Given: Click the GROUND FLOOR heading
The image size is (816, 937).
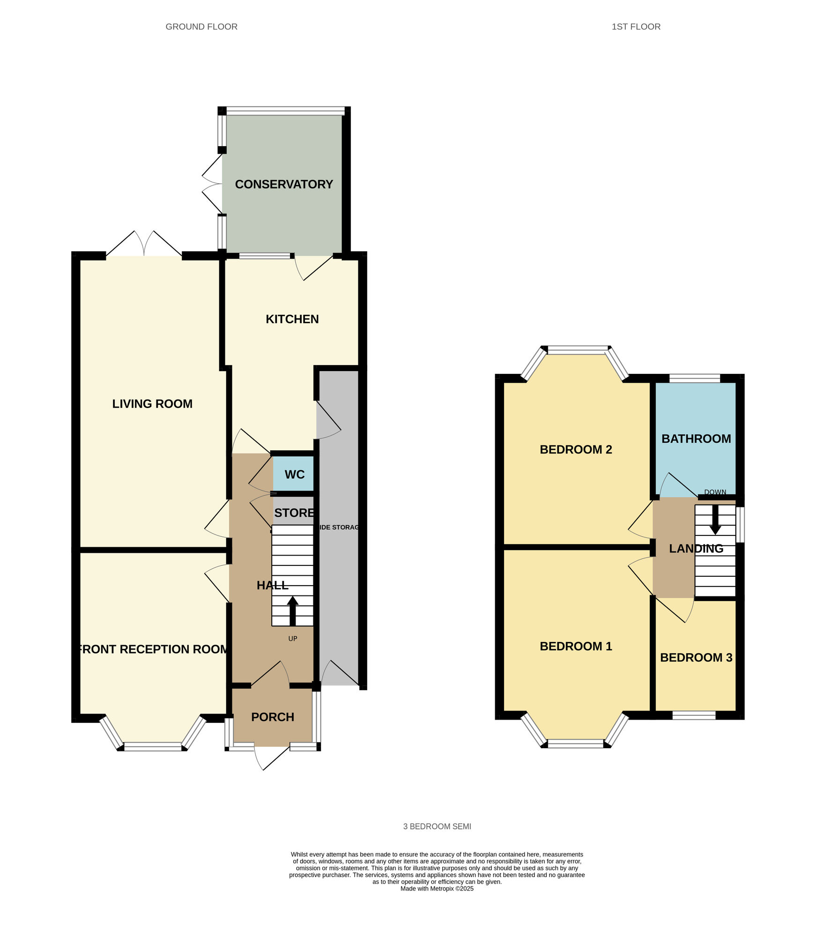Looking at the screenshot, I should [x=201, y=27].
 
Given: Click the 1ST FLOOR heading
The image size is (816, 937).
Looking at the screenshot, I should [x=636, y=27].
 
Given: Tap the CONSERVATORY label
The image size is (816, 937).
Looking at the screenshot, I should [x=284, y=184].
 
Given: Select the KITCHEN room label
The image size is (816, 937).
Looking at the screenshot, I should [x=292, y=319].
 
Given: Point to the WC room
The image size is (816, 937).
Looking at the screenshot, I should [x=294, y=475].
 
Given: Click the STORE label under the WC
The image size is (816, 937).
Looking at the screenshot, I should [x=294, y=513].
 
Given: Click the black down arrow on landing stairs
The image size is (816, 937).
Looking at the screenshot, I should [x=715, y=519].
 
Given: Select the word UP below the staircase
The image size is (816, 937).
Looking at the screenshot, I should [x=292, y=639].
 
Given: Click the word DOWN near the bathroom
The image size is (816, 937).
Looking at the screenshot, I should [x=715, y=492].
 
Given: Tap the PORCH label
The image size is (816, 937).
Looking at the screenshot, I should [x=272, y=717].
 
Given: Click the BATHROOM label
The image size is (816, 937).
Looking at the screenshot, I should [x=696, y=439].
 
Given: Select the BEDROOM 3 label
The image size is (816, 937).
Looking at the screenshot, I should [x=696, y=657].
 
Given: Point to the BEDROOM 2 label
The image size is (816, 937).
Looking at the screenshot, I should [x=576, y=449].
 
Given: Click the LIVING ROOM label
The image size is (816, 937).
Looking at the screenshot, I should [x=152, y=403].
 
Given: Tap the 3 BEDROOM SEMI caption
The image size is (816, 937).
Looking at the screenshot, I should [x=437, y=826].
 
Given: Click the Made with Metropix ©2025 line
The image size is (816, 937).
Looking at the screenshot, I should [x=437, y=888].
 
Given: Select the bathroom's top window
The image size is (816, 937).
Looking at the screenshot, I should [x=694, y=378].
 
